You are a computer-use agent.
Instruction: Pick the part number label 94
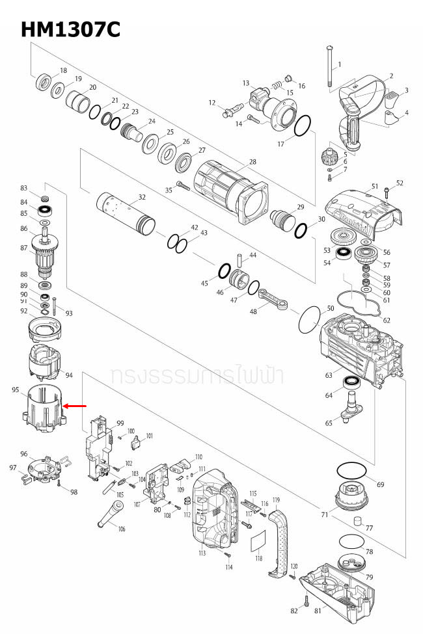pyautogui.click(x=69, y=375)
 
